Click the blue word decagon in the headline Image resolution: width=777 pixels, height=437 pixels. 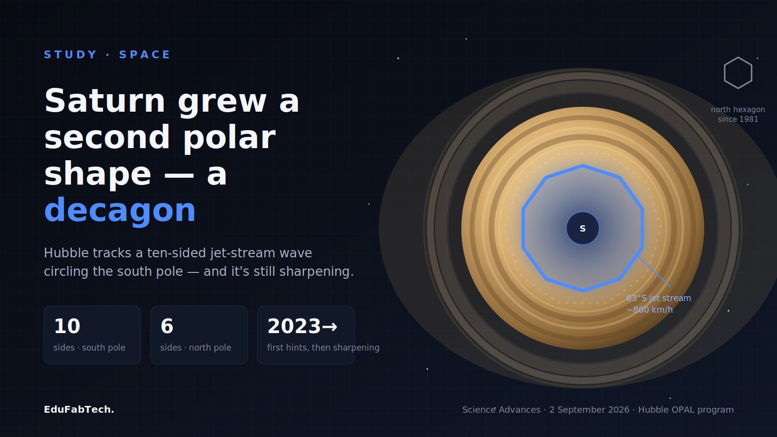(x=120, y=211)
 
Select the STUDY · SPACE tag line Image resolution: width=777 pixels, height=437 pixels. (x=107, y=54)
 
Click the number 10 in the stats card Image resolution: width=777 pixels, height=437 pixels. (x=67, y=326)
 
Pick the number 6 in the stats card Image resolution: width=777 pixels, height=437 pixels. (x=167, y=326)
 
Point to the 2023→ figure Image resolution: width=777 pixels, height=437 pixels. (x=302, y=326)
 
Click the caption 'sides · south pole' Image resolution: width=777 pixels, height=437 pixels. (x=89, y=348)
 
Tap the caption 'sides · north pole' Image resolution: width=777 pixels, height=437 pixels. (x=196, y=348)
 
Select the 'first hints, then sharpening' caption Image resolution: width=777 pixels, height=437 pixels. (x=323, y=348)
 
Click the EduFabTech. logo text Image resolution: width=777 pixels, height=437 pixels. (x=79, y=410)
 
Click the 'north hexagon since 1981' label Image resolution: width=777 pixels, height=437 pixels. (x=738, y=115)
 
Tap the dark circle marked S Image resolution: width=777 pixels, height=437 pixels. (x=583, y=228)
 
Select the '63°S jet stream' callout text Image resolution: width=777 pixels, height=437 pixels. (x=659, y=298)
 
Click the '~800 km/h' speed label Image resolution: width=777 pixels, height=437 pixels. (x=650, y=310)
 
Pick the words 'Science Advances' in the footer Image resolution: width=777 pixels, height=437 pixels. (x=501, y=410)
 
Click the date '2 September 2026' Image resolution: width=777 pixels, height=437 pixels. (x=589, y=410)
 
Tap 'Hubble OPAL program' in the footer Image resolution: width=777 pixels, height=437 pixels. (x=686, y=410)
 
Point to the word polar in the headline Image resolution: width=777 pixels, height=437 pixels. (x=229, y=138)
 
